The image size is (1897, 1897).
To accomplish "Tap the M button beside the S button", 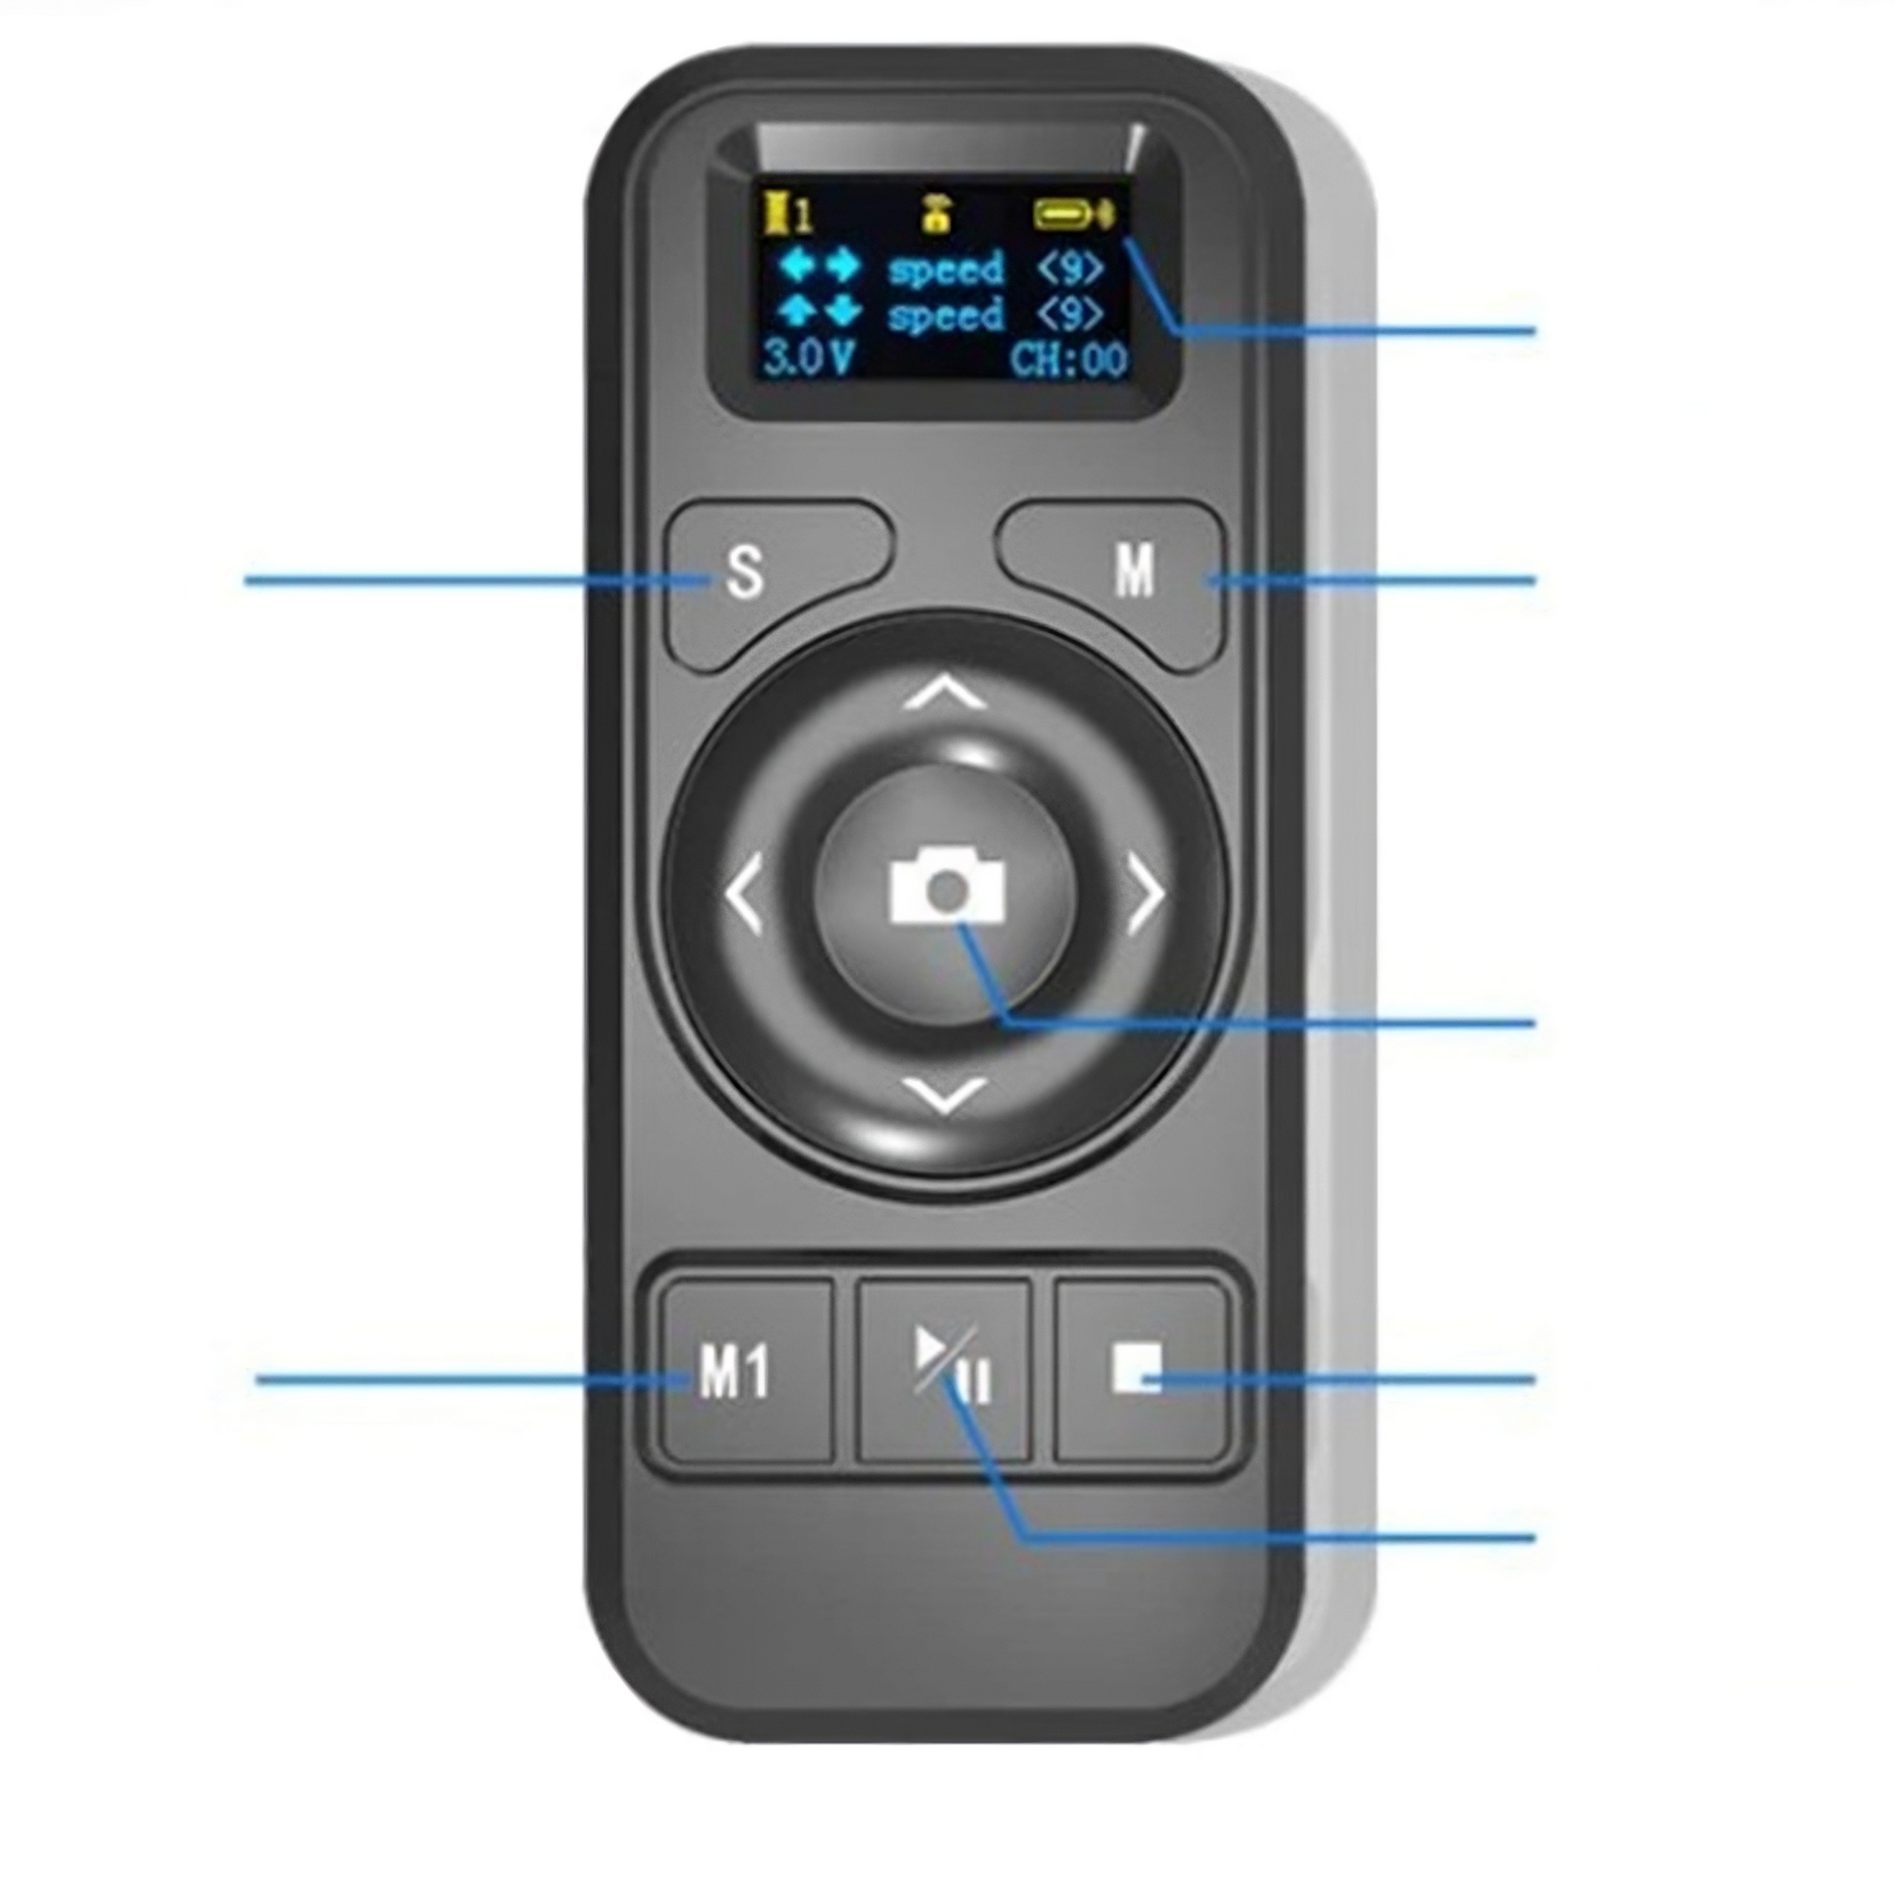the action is [x=1134, y=571].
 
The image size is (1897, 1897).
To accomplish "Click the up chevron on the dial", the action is [x=945, y=694].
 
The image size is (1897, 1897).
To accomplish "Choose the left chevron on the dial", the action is [x=744, y=894].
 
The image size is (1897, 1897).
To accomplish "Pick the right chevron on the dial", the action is [x=1145, y=894].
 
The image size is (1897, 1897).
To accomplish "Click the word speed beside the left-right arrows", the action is [x=945, y=269].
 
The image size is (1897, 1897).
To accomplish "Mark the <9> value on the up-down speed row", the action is [x=1069, y=314].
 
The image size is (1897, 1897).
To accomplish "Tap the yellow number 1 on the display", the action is [x=803, y=215].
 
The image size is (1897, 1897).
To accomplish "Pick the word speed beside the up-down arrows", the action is [x=945, y=315].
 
